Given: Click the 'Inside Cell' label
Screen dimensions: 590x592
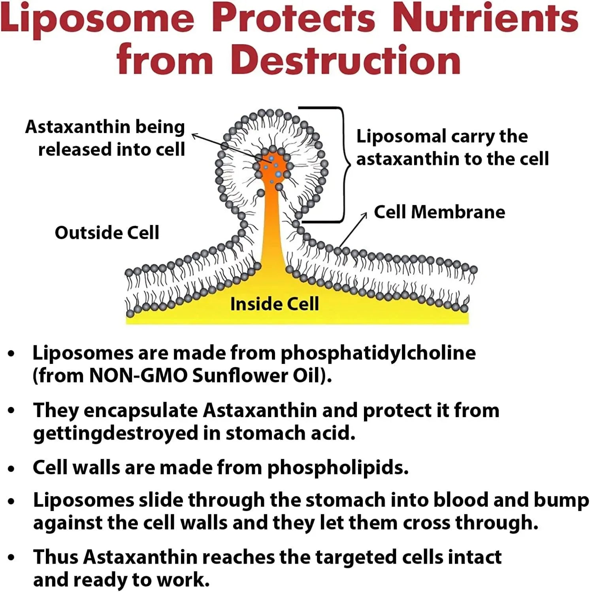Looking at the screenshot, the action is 275,304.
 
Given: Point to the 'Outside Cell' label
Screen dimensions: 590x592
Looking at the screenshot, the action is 107,233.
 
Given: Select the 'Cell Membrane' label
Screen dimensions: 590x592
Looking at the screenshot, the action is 439,212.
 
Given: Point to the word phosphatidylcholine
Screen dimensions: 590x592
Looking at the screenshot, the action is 378,353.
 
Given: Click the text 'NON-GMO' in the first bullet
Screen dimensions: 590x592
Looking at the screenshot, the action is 138,376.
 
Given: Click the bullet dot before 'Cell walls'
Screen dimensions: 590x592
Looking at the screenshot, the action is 11,468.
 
